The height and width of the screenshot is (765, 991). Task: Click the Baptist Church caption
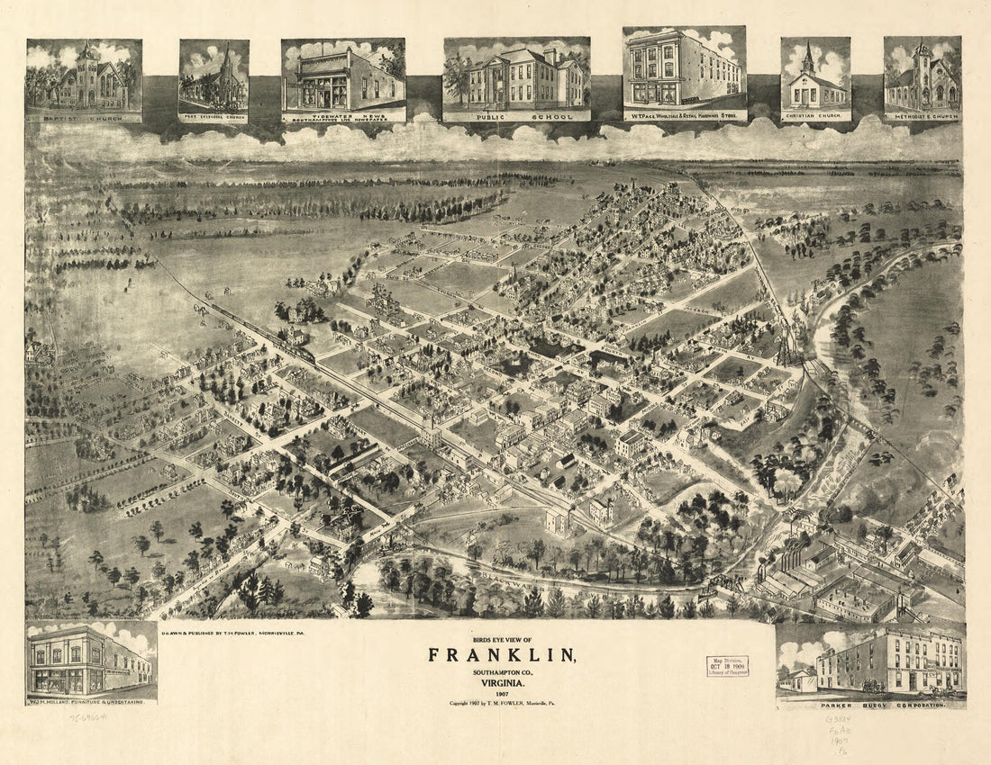pos(84,117)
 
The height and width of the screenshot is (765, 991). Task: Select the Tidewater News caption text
pos(342,116)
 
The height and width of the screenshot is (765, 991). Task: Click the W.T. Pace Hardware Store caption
pos(685,115)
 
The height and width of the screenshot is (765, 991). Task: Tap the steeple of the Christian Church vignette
pos(808,58)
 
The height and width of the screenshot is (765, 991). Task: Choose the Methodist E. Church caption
pos(922,116)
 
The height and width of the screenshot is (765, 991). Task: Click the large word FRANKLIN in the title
pos(501,654)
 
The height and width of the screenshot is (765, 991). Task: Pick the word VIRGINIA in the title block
pos(501,682)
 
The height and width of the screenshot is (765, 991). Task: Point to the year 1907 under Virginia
pos(501,692)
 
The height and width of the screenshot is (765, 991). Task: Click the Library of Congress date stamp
pos(727,666)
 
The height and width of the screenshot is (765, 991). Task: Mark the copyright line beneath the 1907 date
pos(501,702)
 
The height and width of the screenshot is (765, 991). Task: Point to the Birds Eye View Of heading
pos(501,638)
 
